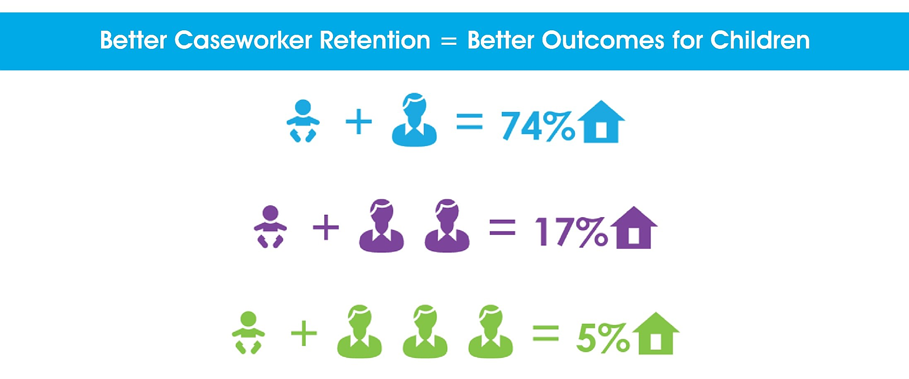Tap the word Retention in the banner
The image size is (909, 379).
pyautogui.click(x=375, y=40)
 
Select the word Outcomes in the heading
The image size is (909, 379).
pyautogui.click(x=603, y=40)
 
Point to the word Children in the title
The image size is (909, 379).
pyautogui.click(x=760, y=40)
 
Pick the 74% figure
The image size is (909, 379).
pyautogui.click(x=538, y=126)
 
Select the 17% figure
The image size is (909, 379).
pyautogui.click(x=572, y=232)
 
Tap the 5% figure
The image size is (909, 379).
pyautogui.click(x=603, y=337)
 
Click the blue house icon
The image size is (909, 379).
pyautogui.click(x=601, y=122)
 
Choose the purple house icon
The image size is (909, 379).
pyautogui.click(x=634, y=228)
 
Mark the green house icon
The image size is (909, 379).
pyautogui.click(x=656, y=333)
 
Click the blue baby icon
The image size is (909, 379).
pyautogui.click(x=303, y=120)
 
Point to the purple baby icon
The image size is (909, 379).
pyautogui.click(x=270, y=226)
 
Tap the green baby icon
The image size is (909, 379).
pyautogui.click(x=248, y=332)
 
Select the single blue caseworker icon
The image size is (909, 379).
pyautogui.click(x=414, y=120)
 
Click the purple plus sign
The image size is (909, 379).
pyautogui.click(x=326, y=228)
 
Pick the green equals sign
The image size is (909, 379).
pyautogui.click(x=546, y=333)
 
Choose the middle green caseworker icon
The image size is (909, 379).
pyautogui.click(x=425, y=331)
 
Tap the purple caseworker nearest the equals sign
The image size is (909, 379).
pyautogui.click(x=447, y=226)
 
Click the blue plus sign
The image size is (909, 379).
pyautogui.click(x=358, y=122)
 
